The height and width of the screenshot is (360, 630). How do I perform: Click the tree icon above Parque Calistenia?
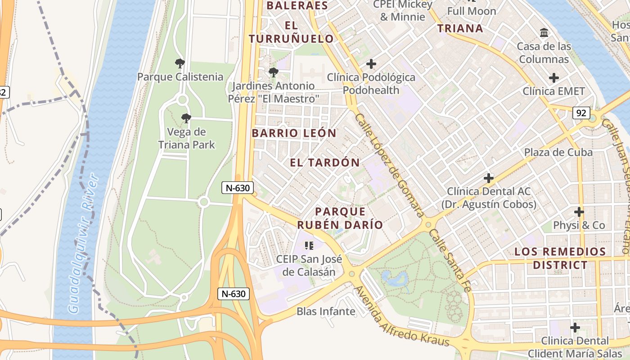(180, 63)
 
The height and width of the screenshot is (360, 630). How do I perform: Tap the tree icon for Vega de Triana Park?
(186, 118)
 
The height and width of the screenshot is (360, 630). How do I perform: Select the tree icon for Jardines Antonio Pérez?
(273, 72)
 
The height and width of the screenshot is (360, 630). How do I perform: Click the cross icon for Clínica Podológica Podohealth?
(371, 64)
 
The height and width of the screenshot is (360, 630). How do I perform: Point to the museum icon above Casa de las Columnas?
(544, 33)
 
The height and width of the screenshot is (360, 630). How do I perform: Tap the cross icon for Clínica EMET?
(553, 78)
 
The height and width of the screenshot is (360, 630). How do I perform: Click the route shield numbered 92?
(581, 113)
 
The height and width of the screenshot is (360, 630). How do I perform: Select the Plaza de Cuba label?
(558, 152)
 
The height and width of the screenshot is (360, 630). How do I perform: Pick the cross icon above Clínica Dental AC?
(488, 178)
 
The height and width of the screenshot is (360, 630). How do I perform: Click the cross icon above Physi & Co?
(579, 211)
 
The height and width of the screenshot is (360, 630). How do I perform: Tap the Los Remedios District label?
(560, 258)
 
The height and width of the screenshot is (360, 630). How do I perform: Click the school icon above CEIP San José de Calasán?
(309, 245)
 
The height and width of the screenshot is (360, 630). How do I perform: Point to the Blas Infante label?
(326, 311)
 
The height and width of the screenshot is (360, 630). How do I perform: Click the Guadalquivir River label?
(83, 243)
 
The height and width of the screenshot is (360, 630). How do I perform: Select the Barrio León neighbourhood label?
(294, 133)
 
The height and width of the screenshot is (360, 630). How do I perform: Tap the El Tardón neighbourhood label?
(325, 162)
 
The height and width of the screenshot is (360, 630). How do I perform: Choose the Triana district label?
(460, 28)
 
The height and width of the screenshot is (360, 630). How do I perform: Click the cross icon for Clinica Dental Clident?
(575, 327)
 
